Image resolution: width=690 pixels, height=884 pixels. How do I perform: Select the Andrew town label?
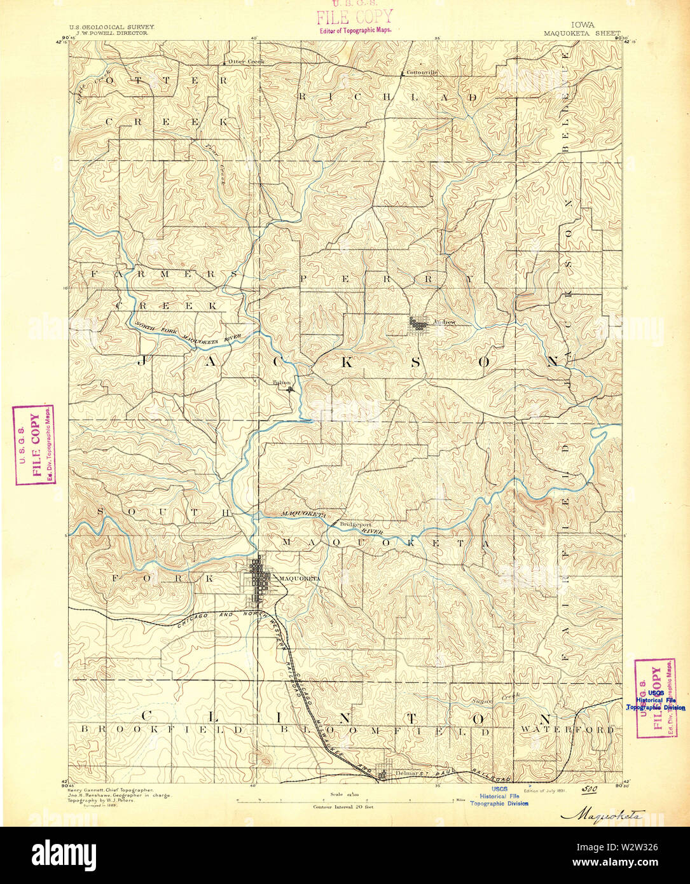point(445,322)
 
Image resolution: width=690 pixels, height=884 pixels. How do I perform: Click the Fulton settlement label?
point(281,382)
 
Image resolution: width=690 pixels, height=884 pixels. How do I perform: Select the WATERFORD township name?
point(567,729)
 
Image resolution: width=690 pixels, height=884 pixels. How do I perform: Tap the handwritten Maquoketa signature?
point(602,814)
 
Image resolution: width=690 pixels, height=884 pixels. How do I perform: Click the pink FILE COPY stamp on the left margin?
point(34,445)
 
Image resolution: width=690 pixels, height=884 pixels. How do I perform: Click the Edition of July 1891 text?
point(544,791)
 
